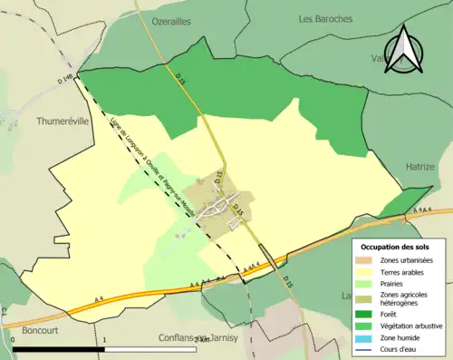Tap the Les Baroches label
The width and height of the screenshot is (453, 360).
[x=326, y=18]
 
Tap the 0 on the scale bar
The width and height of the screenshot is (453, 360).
[x=12, y=339]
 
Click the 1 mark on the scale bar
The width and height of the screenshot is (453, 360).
[x=105, y=339]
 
